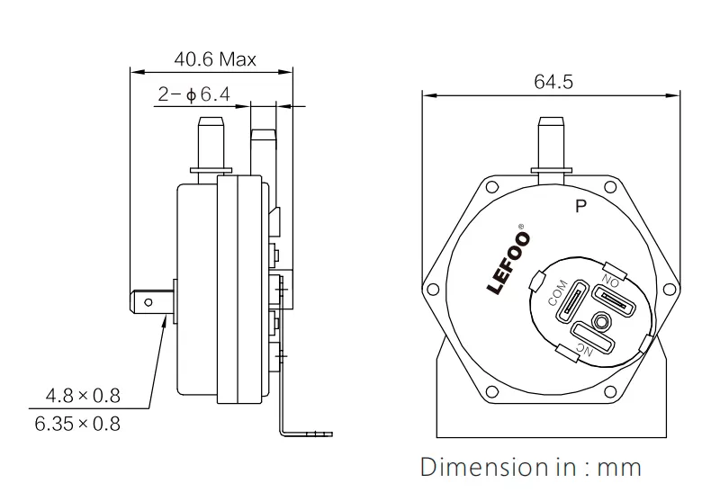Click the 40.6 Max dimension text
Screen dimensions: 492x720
(x=214, y=60)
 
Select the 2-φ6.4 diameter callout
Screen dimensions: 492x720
(x=194, y=94)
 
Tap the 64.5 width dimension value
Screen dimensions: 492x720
(x=553, y=82)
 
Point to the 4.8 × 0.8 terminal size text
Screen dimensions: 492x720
(x=83, y=396)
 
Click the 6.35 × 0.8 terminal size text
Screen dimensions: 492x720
(x=77, y=423)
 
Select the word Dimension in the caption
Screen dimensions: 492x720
(x=477, y=468)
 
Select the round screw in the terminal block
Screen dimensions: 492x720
(x=599, y=320)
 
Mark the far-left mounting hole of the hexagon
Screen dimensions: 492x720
(x=434, y=288)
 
